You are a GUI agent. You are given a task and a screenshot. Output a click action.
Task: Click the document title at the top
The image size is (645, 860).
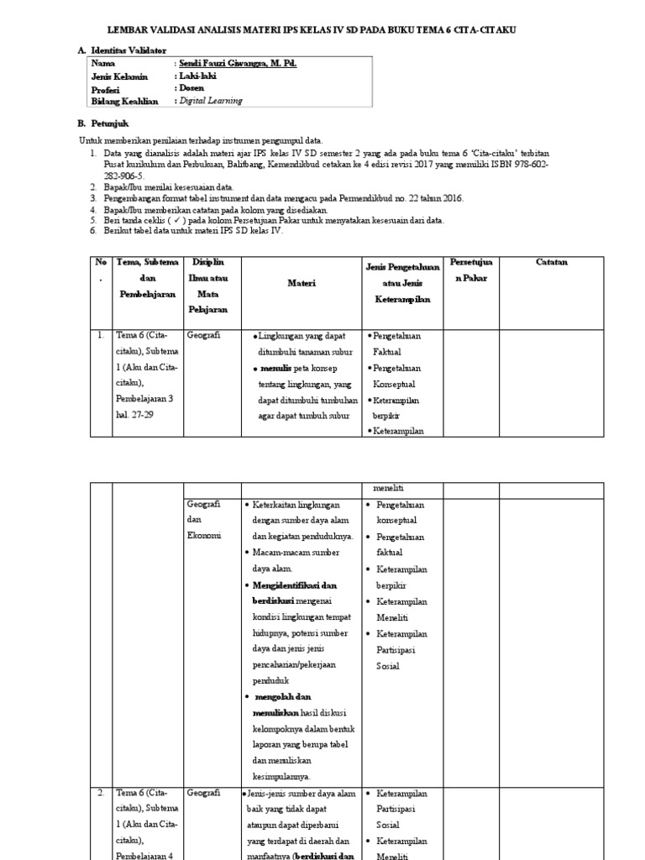click(323, 29)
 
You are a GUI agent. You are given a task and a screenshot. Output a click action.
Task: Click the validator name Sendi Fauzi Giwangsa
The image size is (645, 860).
click(236, 63)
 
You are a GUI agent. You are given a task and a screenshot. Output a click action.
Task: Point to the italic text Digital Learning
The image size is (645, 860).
click(211, 100)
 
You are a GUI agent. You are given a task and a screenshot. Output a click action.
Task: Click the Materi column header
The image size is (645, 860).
click(302, 284)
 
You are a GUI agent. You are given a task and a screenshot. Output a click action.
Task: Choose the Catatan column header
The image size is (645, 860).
click(552, 262)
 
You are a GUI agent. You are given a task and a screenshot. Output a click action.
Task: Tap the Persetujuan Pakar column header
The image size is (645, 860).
click(475, 270)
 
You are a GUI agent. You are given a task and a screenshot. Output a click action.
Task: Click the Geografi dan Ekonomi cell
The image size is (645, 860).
click(203, 519)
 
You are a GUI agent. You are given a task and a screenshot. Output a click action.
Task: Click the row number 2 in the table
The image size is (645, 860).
click(100, 792)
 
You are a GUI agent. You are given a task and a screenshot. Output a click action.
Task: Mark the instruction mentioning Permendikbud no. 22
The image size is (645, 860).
click(283, 198)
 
